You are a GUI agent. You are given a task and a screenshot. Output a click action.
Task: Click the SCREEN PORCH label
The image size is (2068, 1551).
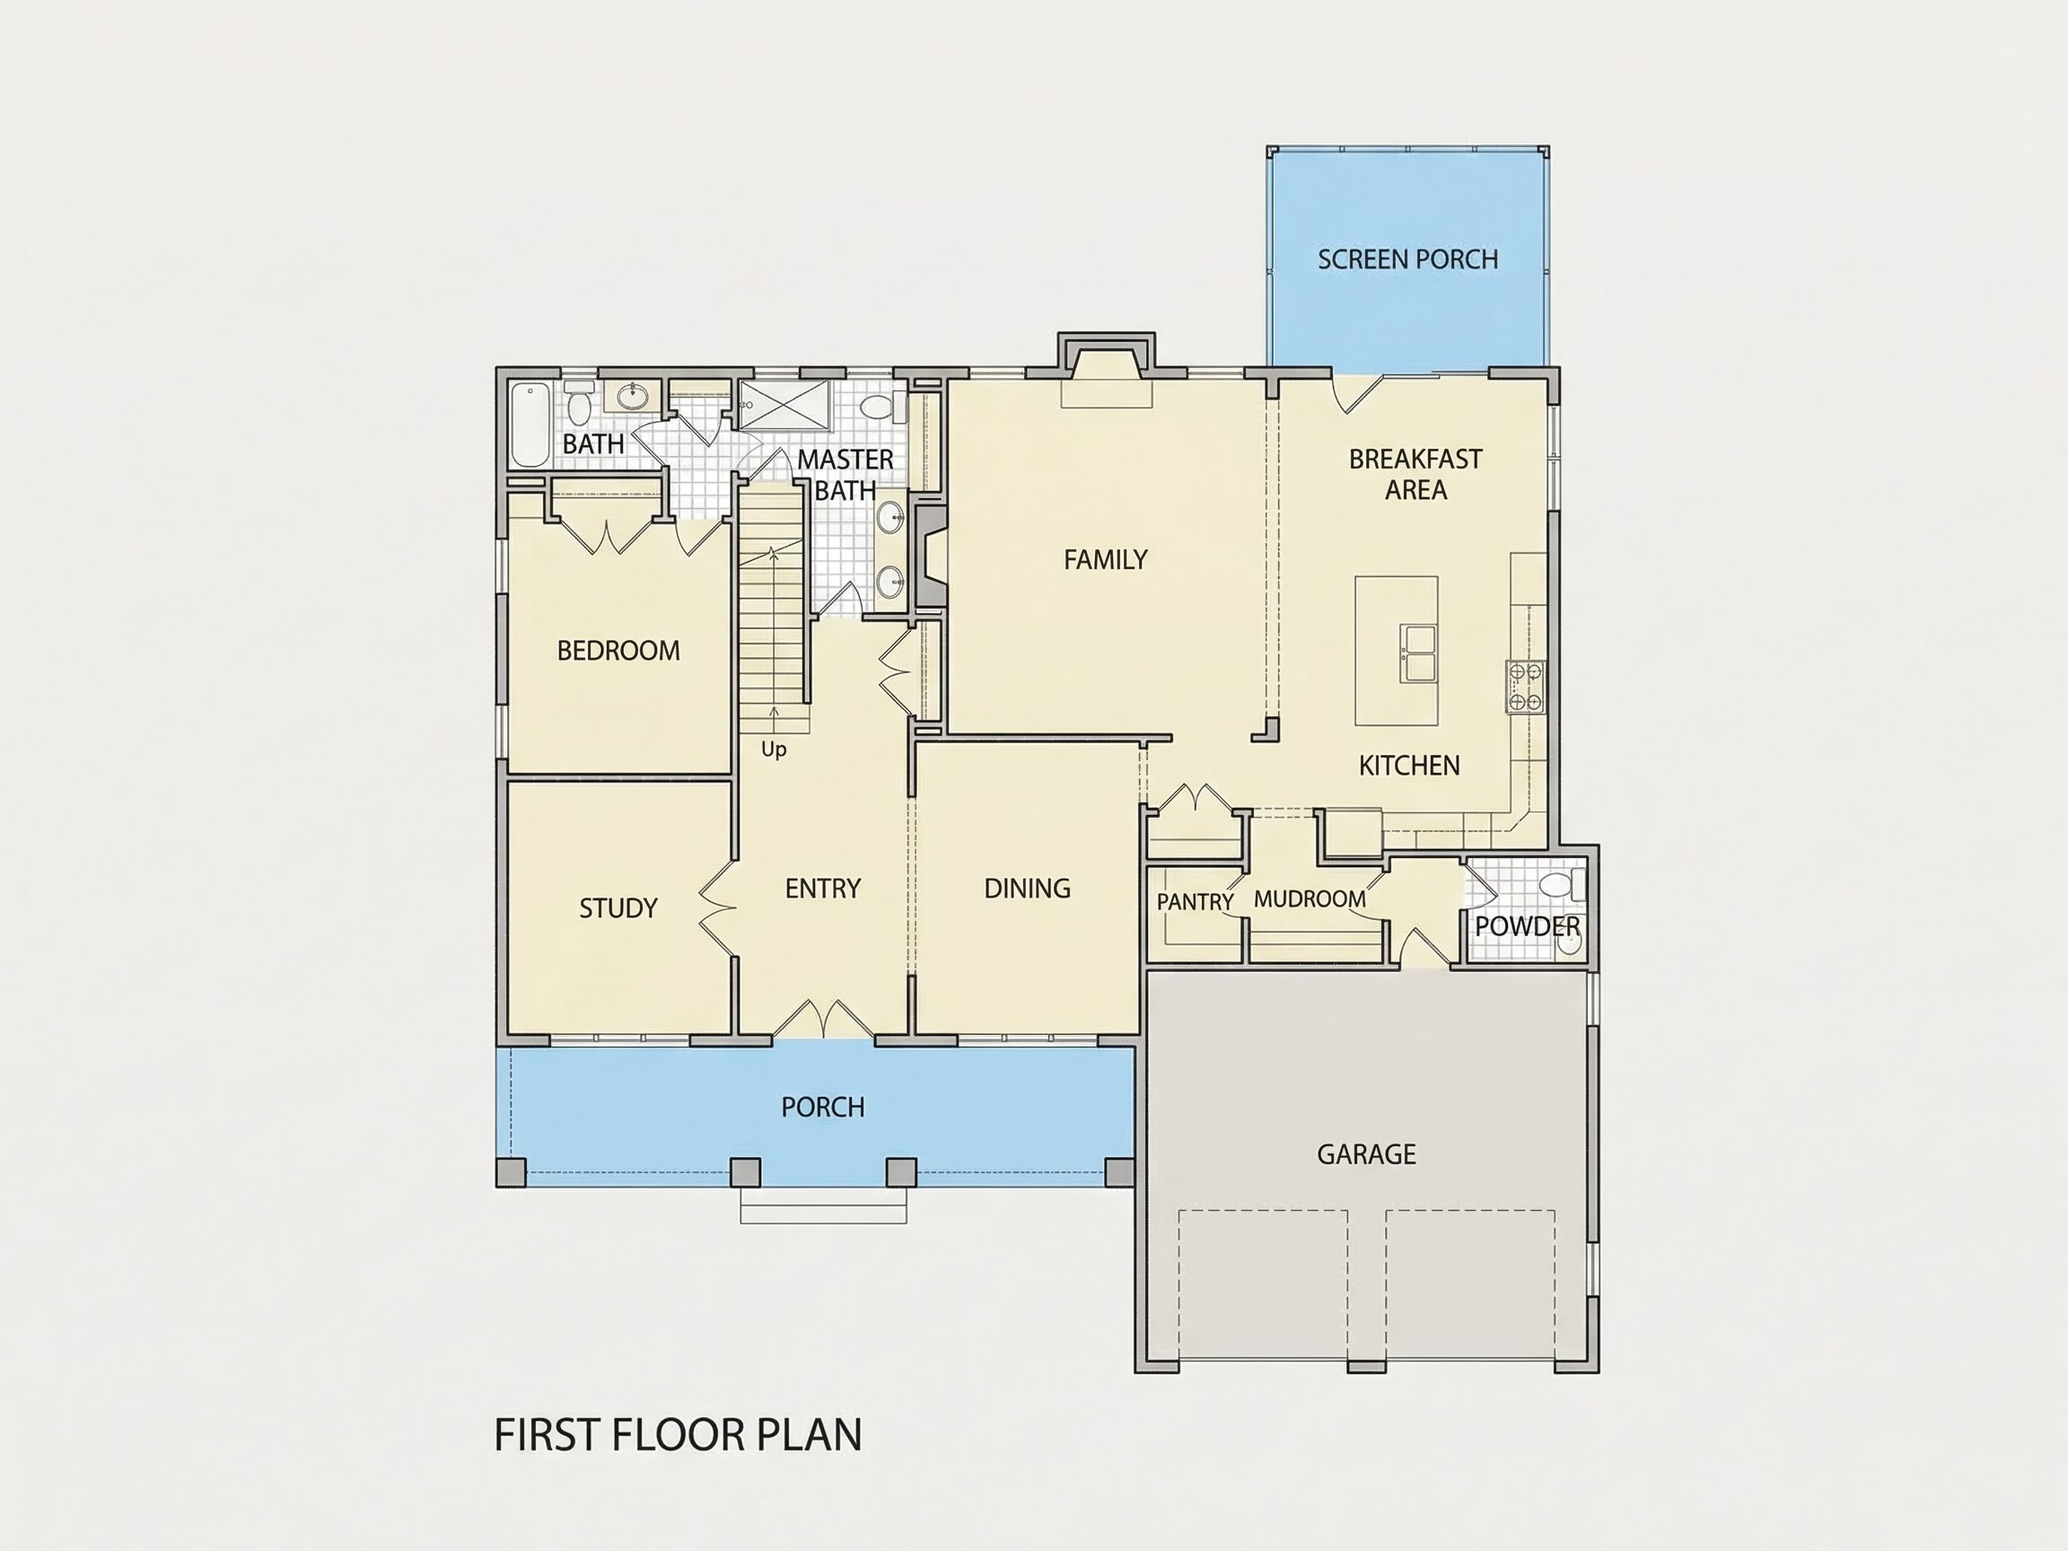[x=1407, y=259]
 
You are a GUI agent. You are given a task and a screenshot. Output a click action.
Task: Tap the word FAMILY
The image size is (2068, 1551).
[x=1105, y=559]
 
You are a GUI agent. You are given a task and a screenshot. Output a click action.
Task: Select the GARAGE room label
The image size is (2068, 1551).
[x=1366, y=1153]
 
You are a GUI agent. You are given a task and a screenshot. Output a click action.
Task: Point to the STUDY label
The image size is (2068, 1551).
[x=618, y=907]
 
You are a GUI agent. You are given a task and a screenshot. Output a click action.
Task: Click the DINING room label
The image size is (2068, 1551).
[x=1027, y=889]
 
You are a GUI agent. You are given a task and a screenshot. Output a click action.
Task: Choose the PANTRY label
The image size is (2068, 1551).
[x=1195, y=901]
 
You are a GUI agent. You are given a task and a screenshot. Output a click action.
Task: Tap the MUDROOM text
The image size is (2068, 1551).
[x=1309, y=898]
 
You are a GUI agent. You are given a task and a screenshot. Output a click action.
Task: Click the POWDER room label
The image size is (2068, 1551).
[x=1528, y=926]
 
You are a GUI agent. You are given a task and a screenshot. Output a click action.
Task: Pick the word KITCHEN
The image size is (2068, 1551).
[x=1409, y=766]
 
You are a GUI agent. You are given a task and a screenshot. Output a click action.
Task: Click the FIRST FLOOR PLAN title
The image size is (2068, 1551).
[x=678, y=1435]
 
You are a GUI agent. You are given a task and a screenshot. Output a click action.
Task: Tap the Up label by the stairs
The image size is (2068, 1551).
[x=773, y=749]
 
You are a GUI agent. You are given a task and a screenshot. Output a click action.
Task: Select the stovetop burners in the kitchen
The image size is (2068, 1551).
[x=1525, y=688]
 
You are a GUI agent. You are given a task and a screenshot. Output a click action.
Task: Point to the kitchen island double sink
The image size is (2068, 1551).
[x=1417, y=653]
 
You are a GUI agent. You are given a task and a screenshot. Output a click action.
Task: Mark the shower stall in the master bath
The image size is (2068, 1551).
[x=784, y=404]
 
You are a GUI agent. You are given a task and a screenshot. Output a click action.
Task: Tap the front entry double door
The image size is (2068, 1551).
[x=824, y=1019]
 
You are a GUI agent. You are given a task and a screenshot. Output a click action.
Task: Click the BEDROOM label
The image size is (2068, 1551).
[x=618, y=651]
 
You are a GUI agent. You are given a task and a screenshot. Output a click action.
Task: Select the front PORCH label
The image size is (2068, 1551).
[x=823, y=1107]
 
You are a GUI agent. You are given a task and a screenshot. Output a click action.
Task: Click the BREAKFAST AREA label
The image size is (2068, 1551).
[x=1415, y=474]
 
